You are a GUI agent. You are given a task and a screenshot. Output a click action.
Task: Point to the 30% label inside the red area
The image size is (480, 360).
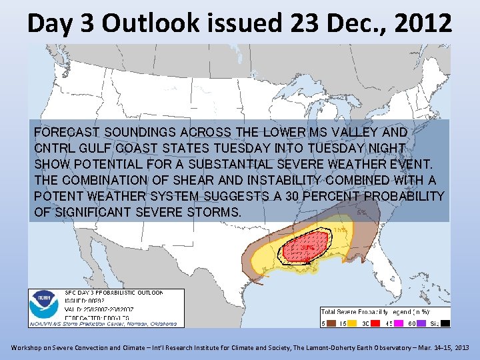307,248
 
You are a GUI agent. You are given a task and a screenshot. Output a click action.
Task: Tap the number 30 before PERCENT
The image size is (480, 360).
309,196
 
